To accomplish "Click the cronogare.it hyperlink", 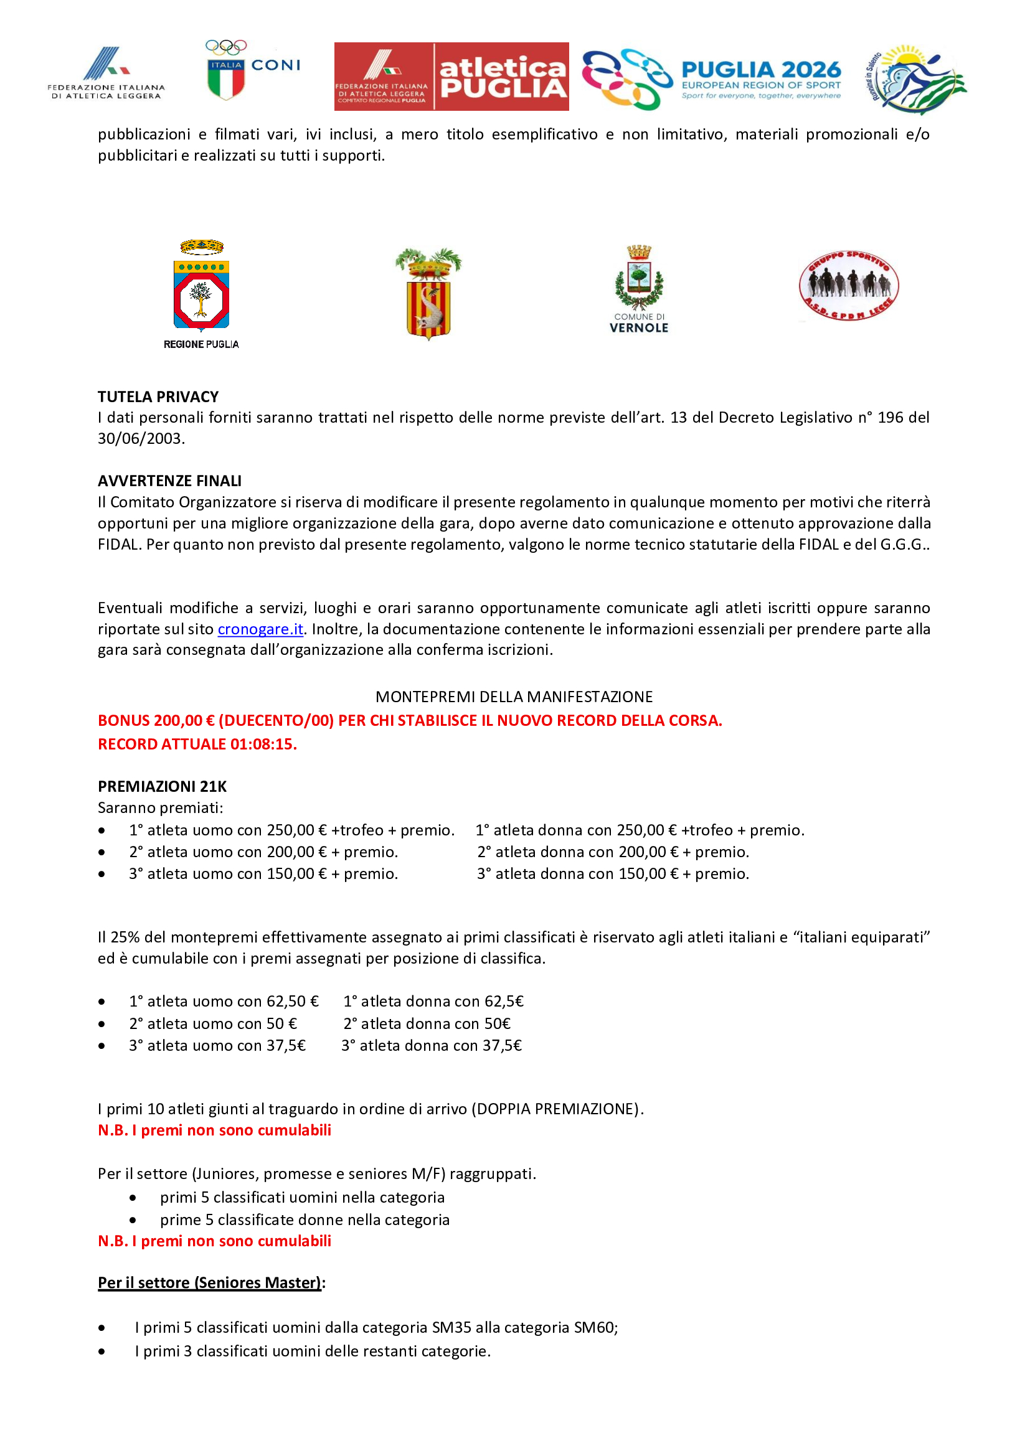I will coord(260,629).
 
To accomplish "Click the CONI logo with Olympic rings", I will coord(252,70).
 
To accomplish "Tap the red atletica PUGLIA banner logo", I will coord(451,77).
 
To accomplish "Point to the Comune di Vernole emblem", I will coord(639,289).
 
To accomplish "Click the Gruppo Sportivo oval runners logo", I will coord(849,285).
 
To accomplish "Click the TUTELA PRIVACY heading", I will coord(158,397).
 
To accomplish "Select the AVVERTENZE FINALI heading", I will coord(169,481).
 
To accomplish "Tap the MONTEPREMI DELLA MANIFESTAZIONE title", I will coord(514,697).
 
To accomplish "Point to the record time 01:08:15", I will coord(263,744).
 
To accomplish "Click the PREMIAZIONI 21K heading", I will coord(162,786).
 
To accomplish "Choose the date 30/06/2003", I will coord(140,438).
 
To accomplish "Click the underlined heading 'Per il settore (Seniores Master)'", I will coord(210,1282).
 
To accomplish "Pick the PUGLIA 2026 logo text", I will coord(761,70).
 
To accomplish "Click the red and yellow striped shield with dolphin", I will coord(428,294).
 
